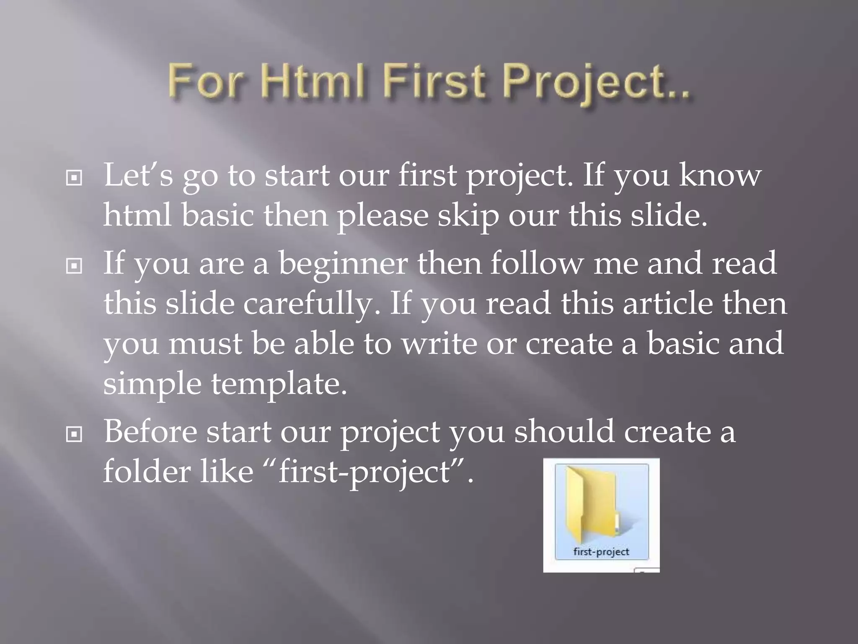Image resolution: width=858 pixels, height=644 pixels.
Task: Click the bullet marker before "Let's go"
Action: [74, 178]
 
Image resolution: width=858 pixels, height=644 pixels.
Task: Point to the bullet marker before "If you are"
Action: [74, 266]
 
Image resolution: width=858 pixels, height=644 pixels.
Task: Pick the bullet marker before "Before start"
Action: [74, 435]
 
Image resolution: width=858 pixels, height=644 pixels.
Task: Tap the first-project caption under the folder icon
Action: [601, 551]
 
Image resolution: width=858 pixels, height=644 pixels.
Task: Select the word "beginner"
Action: [343, 263]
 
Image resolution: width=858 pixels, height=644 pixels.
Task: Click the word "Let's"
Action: [138, 175]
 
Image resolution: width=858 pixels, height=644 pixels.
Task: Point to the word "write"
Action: [439, 343]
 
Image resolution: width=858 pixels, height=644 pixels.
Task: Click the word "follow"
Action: [537, 263]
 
